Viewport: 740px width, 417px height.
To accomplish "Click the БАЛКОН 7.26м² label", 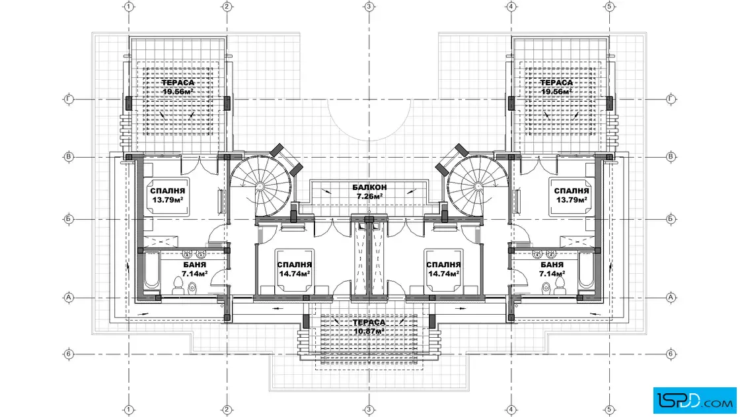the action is [369, 191].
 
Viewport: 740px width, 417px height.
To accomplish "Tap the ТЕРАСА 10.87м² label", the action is [369, 327].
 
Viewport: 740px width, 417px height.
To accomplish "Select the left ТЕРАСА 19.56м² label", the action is [178, 87].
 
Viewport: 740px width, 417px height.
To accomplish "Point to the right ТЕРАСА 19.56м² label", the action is [556, 87].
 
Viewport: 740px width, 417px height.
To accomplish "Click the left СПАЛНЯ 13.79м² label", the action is [168, 195].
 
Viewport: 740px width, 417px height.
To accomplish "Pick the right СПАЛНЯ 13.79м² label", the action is [572, 195].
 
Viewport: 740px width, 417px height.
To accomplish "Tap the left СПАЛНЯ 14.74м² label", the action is [295, 269].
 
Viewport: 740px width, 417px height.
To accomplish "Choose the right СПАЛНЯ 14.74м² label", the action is [443, 269].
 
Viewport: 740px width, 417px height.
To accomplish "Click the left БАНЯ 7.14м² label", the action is [194, 269].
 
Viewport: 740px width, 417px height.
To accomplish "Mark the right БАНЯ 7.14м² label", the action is [552, 269].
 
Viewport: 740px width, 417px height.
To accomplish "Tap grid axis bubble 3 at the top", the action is [369, 7].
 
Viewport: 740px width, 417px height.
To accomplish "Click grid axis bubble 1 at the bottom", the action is [129, 410].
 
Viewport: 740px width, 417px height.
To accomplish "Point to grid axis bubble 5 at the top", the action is [609, 7].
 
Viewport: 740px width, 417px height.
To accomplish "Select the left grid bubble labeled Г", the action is [69, 100].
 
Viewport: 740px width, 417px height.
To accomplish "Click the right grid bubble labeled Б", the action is [671, 219].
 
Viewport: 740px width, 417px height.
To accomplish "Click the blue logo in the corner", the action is [694, 401].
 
